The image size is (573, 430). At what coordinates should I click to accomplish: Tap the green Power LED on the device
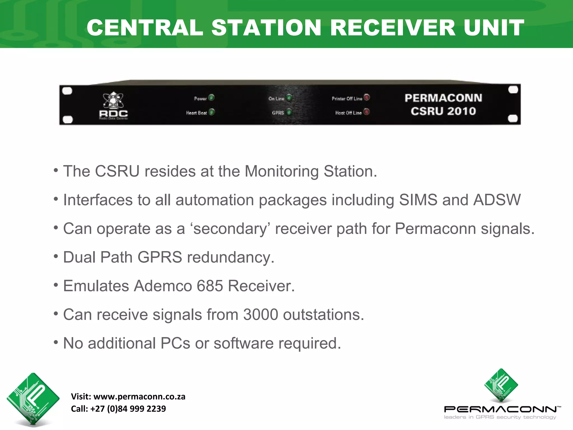(212, 97)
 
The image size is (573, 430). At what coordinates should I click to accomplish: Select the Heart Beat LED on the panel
(212, 112)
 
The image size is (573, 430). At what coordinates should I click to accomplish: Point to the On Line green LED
(289, 98)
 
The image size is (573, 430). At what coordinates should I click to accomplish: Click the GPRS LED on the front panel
(289, 112)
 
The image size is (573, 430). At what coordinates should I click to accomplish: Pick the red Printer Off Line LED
(367, 97)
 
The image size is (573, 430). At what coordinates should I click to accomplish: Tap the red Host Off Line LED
(367, 112)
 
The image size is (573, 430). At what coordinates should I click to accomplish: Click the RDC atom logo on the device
(113, 101)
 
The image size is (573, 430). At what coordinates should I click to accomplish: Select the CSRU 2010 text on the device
(443, 111)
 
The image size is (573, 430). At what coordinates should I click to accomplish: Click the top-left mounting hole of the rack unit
(67, 91)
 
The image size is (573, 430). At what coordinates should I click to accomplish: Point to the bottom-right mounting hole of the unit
(513, 119)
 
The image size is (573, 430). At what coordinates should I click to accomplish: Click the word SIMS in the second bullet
(418, 200)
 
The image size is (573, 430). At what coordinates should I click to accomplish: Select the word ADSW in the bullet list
(497, 200)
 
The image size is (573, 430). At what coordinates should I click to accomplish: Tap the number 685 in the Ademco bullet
(210, 286)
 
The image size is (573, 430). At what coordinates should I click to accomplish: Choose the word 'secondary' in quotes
(230, 229)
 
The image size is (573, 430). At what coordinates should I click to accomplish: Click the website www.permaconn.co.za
(139, 397)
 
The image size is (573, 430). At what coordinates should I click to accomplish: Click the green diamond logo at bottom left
(33, 398)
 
